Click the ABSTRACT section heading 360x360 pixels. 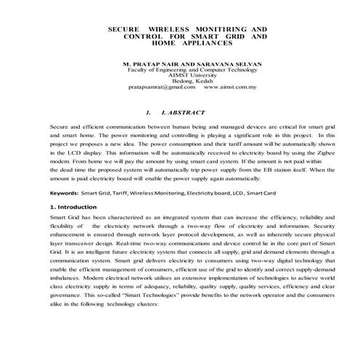[184, 113]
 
